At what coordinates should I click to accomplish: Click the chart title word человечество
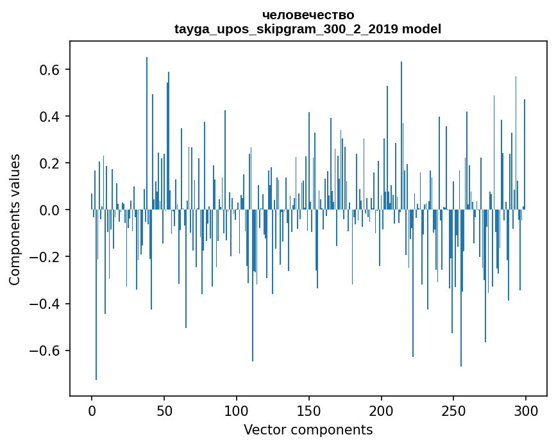pyautogui.click(x=308, y=15)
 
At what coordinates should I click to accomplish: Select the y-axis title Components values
pyautogui.click(x=15, y=219)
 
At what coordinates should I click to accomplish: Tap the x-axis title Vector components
pyautogui.click(x=308, y=429)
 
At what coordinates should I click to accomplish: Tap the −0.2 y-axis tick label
pyautogui.click(x=47, y=257)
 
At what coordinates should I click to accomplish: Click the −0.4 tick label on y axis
pyautogui.click(x=47, y=304)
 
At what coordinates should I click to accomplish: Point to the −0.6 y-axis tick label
pyautogui.click(x=47, y=351)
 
